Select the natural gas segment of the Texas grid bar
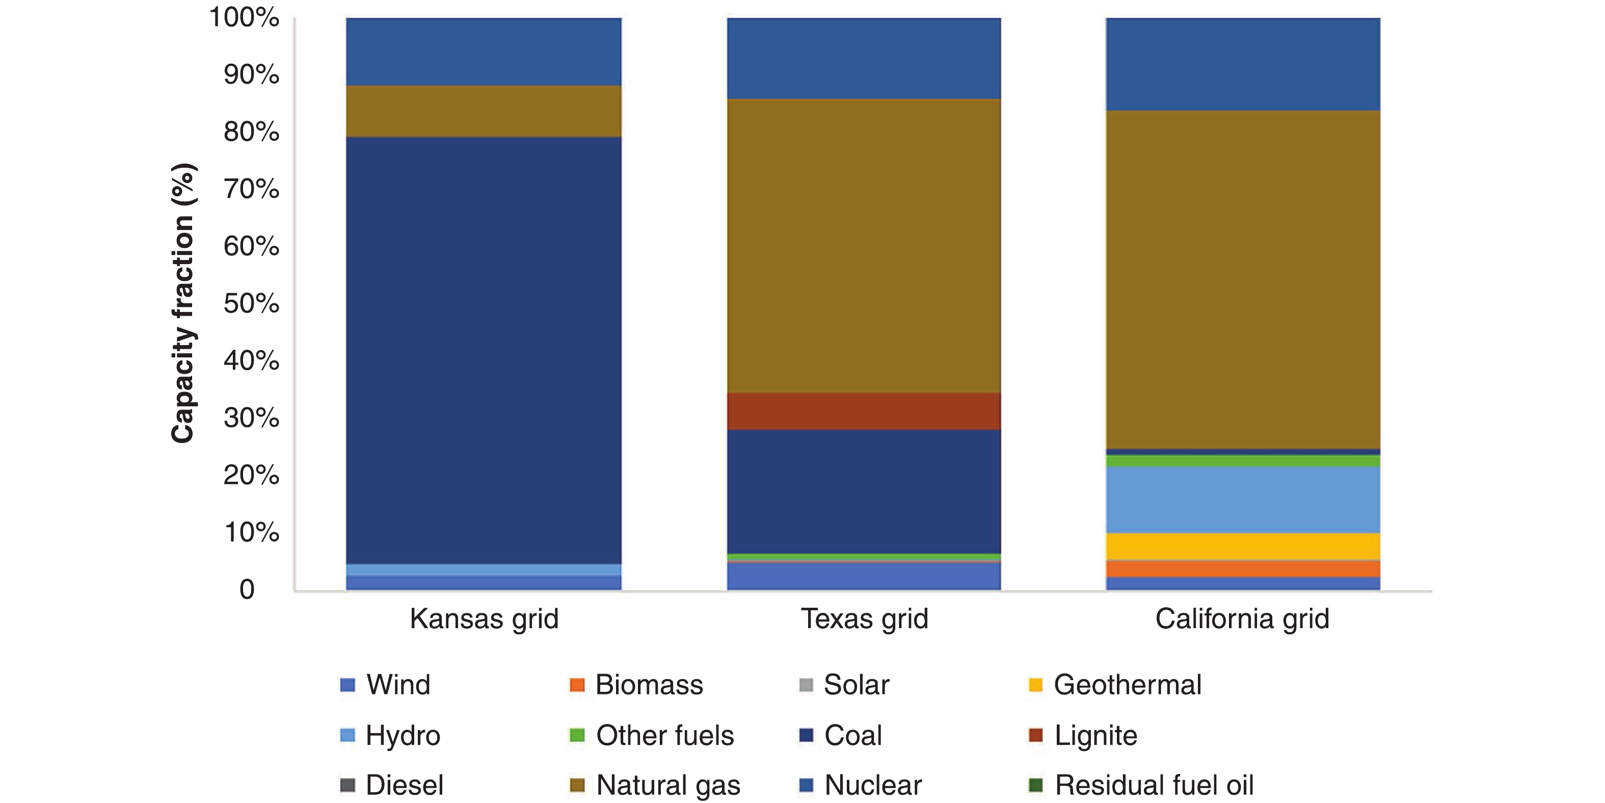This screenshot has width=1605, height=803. [864, 246]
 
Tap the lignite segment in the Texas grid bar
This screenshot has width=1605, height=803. [864, 411]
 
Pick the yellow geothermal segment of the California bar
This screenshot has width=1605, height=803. [1242, 547]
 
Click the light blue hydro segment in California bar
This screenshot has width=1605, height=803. [1242, 499]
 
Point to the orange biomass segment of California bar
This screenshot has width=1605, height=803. [1242, 569]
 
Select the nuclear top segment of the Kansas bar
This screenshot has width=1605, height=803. [484, 51]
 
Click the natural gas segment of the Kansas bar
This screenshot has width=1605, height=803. [484, 111]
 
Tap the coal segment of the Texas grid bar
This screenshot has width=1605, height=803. [864, 491]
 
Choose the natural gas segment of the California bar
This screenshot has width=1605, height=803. [1242, 279]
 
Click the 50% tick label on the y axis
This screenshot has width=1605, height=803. [251, 304]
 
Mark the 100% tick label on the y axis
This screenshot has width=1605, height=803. [244, 17]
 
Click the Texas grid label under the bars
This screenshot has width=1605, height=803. [864, 619]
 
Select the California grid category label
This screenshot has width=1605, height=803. [1242, 619]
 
